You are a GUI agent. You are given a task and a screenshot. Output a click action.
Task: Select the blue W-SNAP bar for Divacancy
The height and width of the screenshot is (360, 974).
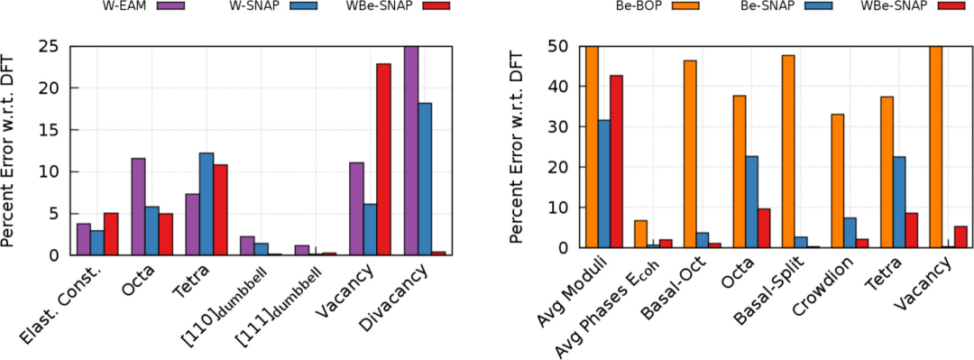click(x=425, y=179)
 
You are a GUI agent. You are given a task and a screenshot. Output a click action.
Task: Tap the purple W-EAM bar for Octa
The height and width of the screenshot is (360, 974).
click(x=138, y=207)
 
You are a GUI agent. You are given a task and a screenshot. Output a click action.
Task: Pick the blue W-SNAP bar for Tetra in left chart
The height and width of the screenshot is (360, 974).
click(x=207, y=204)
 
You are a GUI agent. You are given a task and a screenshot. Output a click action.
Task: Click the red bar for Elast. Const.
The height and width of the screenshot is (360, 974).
click(x=111, y=234)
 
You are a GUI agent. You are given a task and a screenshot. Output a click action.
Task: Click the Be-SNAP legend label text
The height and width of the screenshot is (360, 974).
click(x=764, y=6)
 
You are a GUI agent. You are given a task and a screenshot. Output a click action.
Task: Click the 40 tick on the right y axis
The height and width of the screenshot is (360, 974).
click(x=561, y=87)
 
